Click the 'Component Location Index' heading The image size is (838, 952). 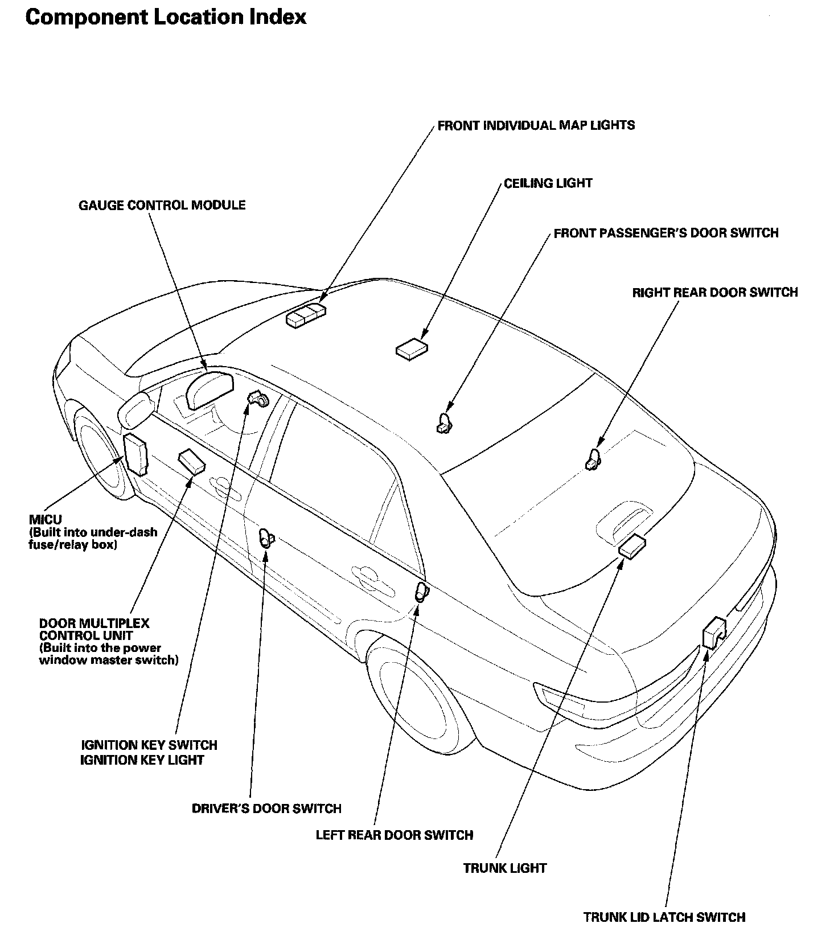pyautogui.click(x=166, y=18)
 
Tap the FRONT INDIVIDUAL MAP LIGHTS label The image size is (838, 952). pyautogui.click(x=536, y=125)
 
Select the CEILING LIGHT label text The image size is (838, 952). pyautogui.click(x=548, y=183)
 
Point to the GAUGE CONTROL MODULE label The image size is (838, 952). pyautogui.click(x=162, y=205)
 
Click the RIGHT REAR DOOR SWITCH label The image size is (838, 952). pyautogui.click(x=714, y=293)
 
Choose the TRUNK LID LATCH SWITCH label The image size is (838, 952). pyautogui.click(x=664, y=917)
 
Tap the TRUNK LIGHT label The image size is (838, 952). pyautogui.click(x=504, y=868)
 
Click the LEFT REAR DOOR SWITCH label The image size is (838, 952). pyautogui.click(x=394, y=835)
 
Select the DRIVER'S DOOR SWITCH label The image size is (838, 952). pyautogui.click(x=266, y=809)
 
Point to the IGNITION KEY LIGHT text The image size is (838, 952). pyautogui.click(x=142, y=760)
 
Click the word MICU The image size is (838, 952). pyautogui.click(x=45, y=520)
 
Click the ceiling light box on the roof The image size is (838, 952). pyautogui.click(x=412, y=348)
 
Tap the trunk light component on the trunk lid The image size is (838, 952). pyautogui.click(x=632, y=547)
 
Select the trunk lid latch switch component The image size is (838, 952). pyautogui.click(x=713, y=631)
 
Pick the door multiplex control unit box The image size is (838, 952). pyautogui.click(x=192, y=461)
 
